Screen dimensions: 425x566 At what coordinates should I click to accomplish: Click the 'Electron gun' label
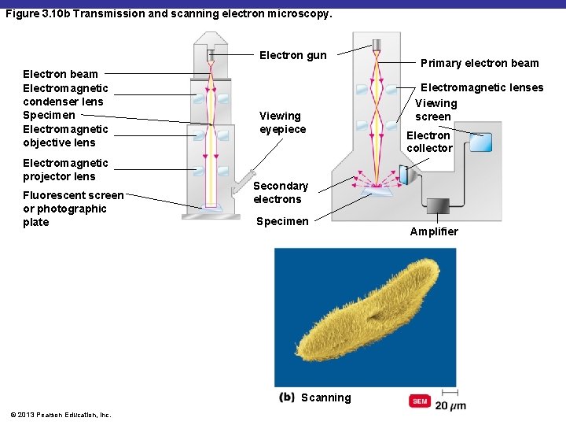292,55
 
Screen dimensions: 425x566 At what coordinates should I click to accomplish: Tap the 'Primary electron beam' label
480,63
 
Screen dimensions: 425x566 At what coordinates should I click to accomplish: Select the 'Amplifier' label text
433,231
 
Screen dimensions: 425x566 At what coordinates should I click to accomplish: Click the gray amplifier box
437,205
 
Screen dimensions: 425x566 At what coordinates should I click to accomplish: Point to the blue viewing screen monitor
480,142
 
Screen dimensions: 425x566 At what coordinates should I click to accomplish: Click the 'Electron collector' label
429,142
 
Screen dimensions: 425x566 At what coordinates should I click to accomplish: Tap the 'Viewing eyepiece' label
282,123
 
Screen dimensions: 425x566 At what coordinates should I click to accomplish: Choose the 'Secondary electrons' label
280,192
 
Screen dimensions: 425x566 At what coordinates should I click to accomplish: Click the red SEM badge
420,401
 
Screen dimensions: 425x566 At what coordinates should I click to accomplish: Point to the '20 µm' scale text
450,405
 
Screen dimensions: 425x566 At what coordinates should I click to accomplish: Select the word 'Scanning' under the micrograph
325,397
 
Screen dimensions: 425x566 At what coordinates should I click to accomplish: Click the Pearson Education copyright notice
61,415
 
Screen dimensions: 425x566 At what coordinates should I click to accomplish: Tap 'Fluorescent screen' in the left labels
73,195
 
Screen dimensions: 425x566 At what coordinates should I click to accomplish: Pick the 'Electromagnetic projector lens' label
65,170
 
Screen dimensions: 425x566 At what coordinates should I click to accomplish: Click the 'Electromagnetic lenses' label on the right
482,88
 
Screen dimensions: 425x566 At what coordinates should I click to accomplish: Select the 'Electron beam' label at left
61,74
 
